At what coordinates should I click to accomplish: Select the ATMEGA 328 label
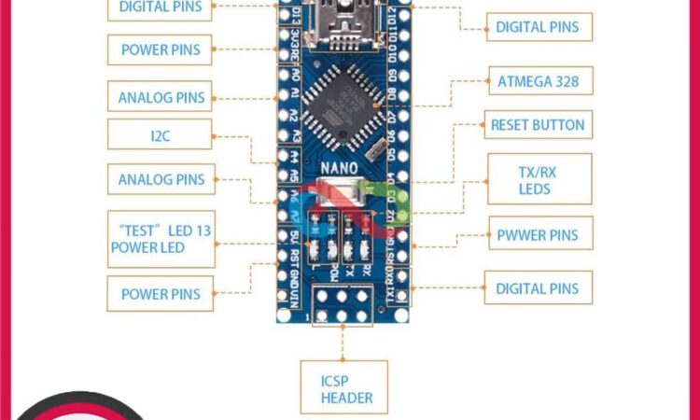[539, 81]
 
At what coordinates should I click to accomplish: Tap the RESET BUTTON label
[538, 125]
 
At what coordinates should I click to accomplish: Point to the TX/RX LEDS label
[539, 179]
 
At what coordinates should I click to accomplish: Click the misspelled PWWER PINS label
[539, 235]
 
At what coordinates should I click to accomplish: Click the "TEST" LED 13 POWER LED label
[161, 240]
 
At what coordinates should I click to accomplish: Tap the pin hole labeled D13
[284, 14]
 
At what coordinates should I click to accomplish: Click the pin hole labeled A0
[284, 74]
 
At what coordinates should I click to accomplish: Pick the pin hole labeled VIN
[283, 297]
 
